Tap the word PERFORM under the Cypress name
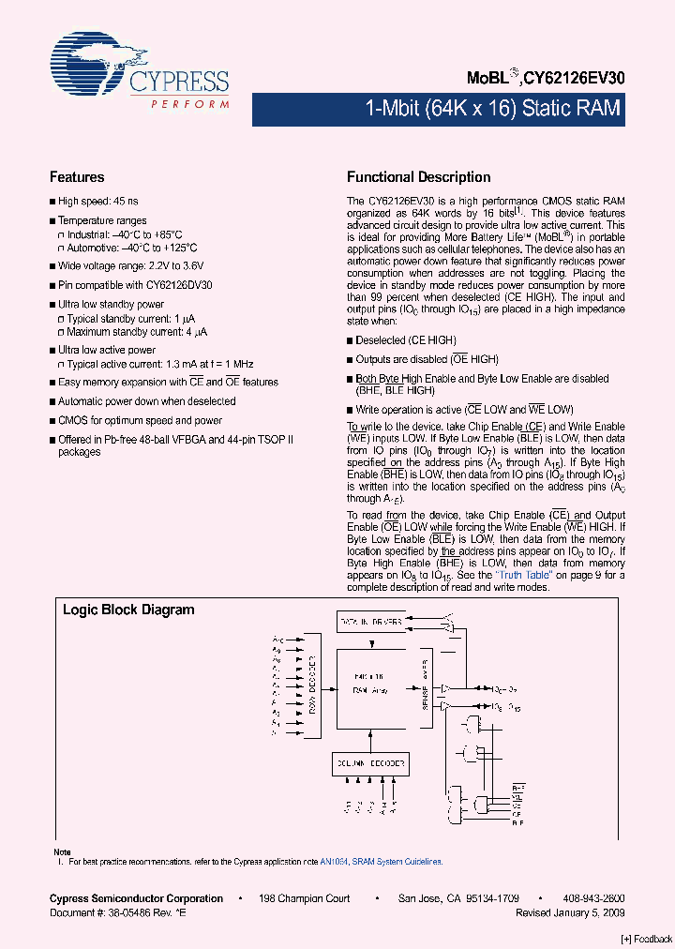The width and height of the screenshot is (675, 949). pos(190,104)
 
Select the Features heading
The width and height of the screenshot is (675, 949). pos(77,177)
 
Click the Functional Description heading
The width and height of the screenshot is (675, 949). pos(418,177)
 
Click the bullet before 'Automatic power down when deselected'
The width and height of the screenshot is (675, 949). pos(52,401)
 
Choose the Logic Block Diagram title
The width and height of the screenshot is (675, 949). pos(128,610)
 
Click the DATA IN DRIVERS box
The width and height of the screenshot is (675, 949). pos(370,621)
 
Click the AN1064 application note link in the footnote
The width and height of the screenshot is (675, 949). pos(332,861)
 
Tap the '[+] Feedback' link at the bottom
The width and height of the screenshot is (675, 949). pos(646,940)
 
